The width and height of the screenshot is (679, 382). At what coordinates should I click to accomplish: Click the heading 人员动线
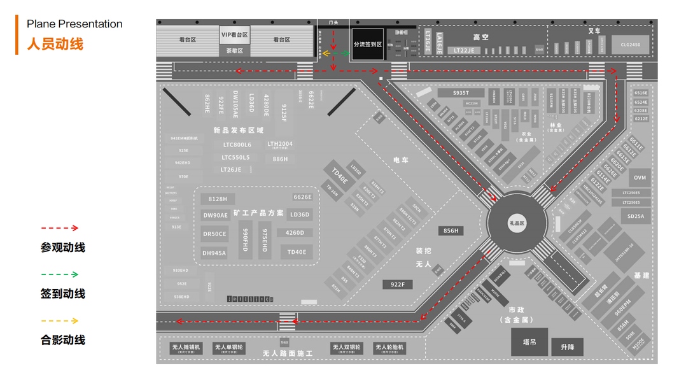(55, 45)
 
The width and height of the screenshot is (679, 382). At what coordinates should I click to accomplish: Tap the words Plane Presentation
(74, 24)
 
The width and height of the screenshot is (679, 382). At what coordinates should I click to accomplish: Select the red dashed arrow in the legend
(59, 228)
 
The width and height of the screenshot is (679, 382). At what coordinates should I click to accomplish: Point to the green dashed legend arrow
(59, 274)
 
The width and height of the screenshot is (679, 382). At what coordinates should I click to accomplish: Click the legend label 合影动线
(62, 340)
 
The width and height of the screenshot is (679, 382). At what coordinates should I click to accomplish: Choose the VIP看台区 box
(234, 34)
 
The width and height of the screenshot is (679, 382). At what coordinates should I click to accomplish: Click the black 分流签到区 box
(368, 45)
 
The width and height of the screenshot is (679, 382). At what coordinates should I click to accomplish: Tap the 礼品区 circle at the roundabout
(516, 223)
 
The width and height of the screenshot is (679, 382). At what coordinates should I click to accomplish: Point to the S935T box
(461, 93)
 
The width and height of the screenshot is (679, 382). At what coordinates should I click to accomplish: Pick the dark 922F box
(397, 285)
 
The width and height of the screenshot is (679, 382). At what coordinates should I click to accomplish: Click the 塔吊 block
(529, 342)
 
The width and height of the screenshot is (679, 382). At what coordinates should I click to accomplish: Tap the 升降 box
(567, 347)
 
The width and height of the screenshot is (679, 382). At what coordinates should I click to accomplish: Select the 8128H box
(218, 199)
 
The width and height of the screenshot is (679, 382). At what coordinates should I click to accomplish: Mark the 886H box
(280, 159)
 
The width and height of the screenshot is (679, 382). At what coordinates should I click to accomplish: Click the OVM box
(640, 178)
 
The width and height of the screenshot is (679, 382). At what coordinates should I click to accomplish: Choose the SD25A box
(636, 216)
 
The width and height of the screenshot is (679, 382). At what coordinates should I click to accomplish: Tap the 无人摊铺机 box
(186, 348)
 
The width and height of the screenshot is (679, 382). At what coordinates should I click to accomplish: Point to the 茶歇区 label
(234, 50)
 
